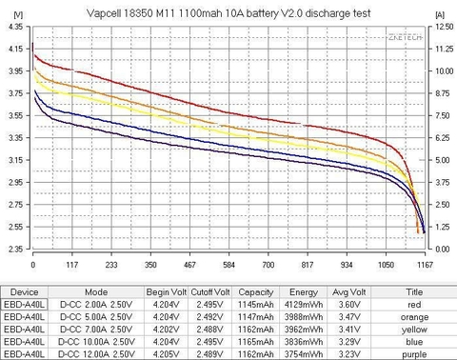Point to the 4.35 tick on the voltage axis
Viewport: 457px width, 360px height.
15,27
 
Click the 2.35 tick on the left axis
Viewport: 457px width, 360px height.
15,249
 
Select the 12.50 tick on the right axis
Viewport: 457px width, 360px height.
440,27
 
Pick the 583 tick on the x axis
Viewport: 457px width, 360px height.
228,267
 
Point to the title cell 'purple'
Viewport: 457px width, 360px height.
413,352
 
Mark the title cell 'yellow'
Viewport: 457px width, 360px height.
413,330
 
